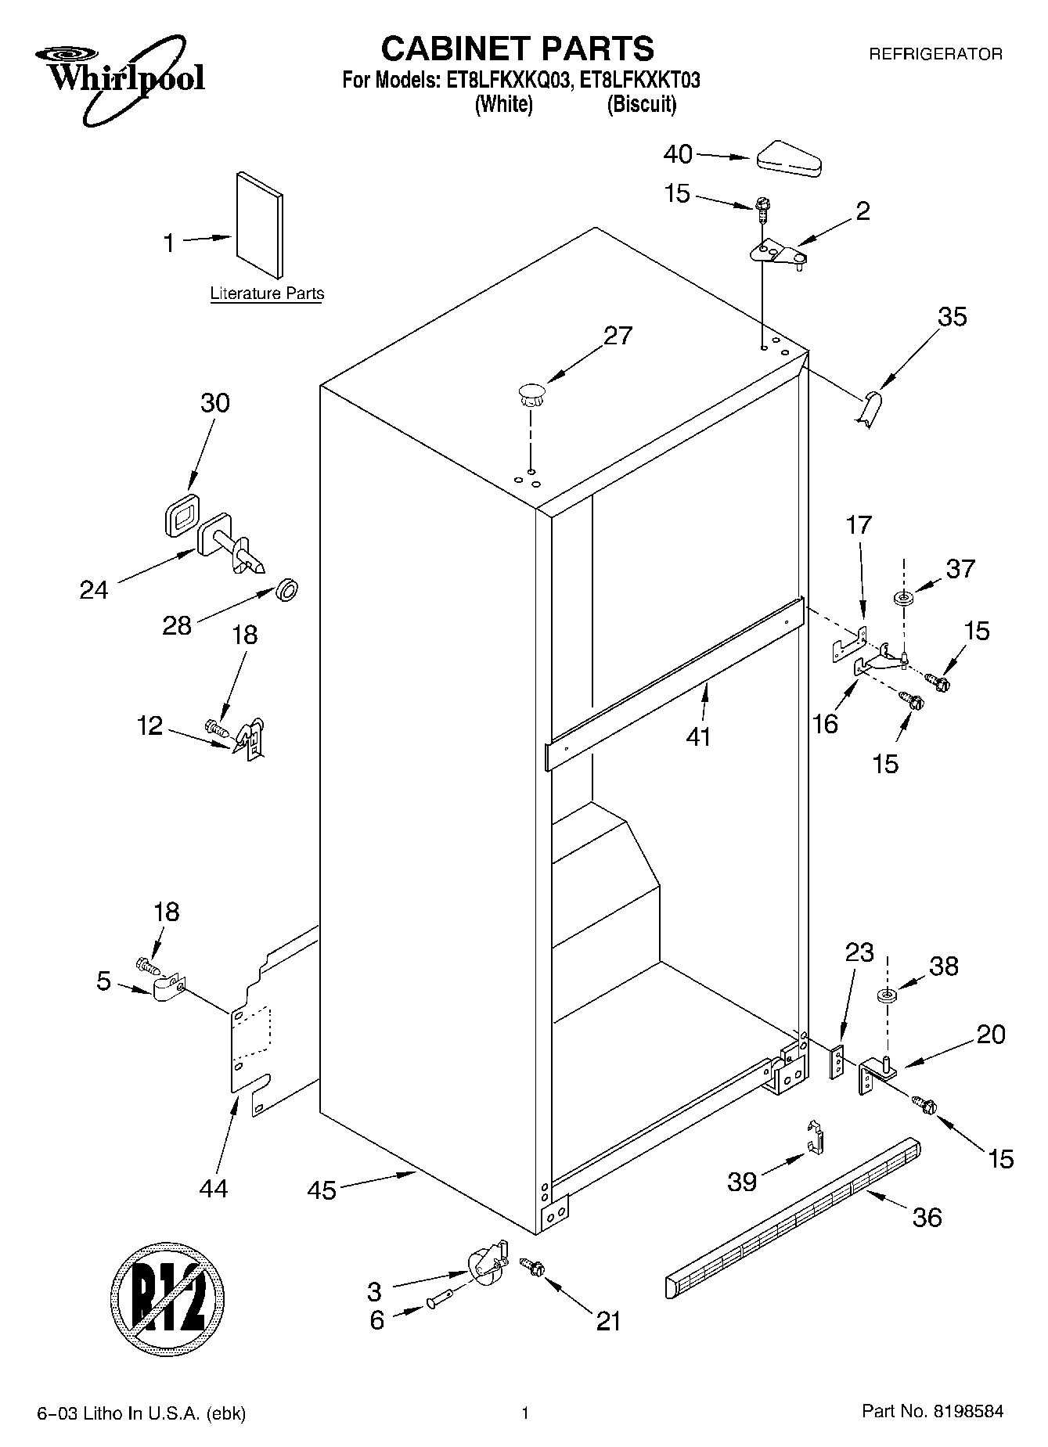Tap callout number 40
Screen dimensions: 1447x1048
tap(678, 155)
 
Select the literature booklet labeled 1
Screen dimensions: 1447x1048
tap(259, 225)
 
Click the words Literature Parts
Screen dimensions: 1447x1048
tap(267, 294)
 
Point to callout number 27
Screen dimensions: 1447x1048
tap(618, 336)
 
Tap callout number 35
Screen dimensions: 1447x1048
tap(953, 317)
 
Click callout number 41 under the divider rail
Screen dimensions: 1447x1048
tap(698, 736)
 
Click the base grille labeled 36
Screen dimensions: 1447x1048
tap(792, 1216)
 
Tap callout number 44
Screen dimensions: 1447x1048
tap(213, 1188)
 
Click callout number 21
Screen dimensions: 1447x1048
tap(608, 1321)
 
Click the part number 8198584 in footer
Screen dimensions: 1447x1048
tap(967, 1412)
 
